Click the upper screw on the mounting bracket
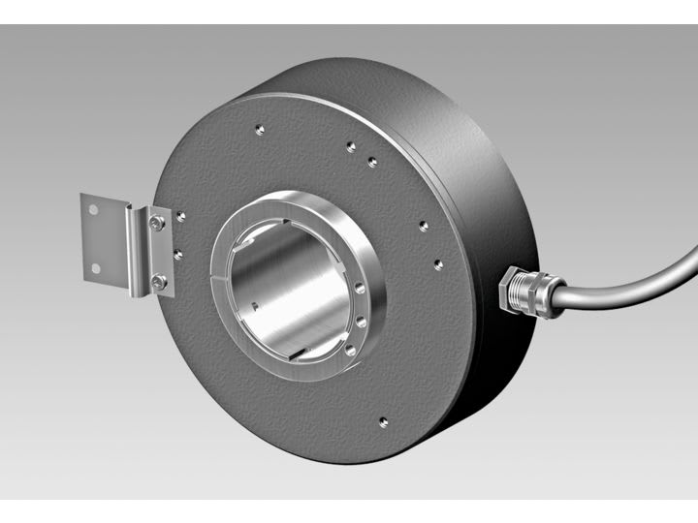[x=158, y=225]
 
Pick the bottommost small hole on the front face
[x=384, y=420]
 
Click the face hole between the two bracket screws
[x=176, y=254]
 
